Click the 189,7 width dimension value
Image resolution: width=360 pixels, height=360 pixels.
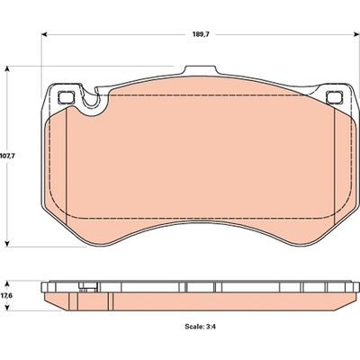(201, 34)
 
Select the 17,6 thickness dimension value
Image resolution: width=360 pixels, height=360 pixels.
(6, 295)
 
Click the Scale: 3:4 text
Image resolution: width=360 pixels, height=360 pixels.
(201, 327)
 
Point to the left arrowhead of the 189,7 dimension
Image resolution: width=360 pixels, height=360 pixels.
(44, 34)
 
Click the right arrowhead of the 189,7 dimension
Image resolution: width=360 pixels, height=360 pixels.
(356, 34)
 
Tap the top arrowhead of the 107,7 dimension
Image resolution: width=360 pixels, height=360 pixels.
(8, 69)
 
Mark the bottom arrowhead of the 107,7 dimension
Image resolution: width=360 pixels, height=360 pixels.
(8, 243)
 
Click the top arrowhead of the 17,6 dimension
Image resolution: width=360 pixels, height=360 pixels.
(8, 284)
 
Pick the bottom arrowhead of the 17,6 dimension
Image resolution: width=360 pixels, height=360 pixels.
(8, 307)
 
